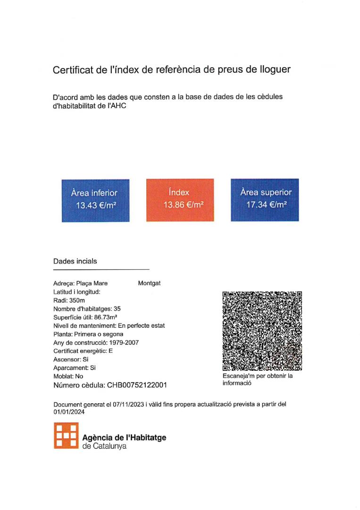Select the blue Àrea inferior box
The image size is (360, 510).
95,200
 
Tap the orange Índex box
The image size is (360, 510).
180,200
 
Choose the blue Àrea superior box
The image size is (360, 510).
265,200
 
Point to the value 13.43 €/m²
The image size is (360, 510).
96,205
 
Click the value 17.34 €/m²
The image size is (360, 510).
267,205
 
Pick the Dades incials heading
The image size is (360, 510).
75,261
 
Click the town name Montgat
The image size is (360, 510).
149,283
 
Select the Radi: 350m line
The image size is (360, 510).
69,300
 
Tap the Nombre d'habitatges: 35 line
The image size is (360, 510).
87,309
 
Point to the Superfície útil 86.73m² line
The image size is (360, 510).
85,317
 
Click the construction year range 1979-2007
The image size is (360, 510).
124,342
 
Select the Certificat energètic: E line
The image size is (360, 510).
83,351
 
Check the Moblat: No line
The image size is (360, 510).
68,376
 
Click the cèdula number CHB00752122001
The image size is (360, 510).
137,385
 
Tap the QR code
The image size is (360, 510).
262,331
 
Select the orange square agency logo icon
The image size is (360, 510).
66,435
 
